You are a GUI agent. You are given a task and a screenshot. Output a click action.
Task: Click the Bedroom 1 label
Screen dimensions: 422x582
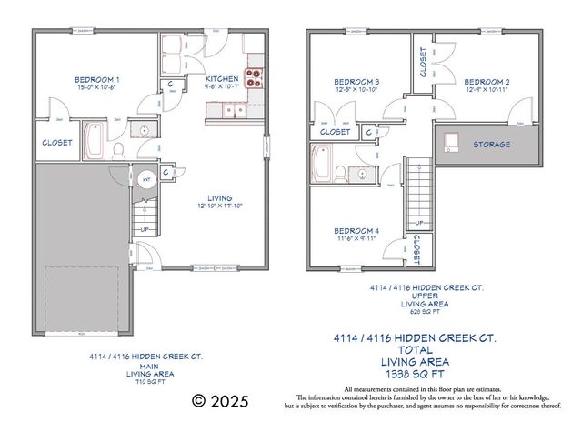tap(97, 80)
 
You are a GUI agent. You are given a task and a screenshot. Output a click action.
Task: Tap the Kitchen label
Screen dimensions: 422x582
tap(223, 80)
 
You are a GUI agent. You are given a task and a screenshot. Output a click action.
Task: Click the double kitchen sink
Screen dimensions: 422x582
tap(231, 111)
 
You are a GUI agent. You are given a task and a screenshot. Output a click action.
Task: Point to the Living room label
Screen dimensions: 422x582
tap(219, 197)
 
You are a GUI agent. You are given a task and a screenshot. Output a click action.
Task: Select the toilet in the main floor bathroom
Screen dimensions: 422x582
tap(119, 148)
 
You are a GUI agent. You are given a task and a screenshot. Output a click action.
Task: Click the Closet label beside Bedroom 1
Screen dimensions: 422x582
tap(58, 143)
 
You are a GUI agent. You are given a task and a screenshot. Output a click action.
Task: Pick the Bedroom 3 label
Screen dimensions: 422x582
tap(356, 82)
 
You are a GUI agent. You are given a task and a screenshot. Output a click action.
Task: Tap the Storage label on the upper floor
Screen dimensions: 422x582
tap(491, 145)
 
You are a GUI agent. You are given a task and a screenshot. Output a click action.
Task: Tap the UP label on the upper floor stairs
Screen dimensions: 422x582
tap(419, 223)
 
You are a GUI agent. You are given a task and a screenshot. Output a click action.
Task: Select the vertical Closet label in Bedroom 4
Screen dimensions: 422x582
tap(417, 248)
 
